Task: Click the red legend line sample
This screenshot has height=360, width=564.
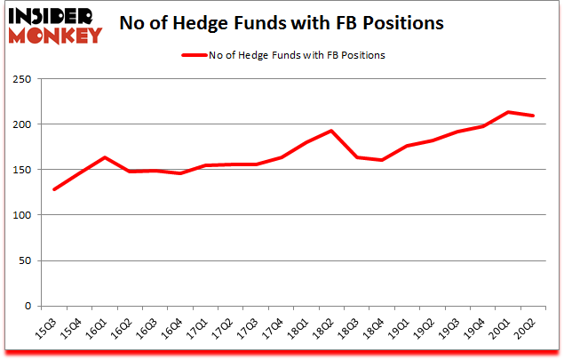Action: (x=195, y=55)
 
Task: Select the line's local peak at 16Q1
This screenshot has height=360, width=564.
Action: (x=104, y=157)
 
